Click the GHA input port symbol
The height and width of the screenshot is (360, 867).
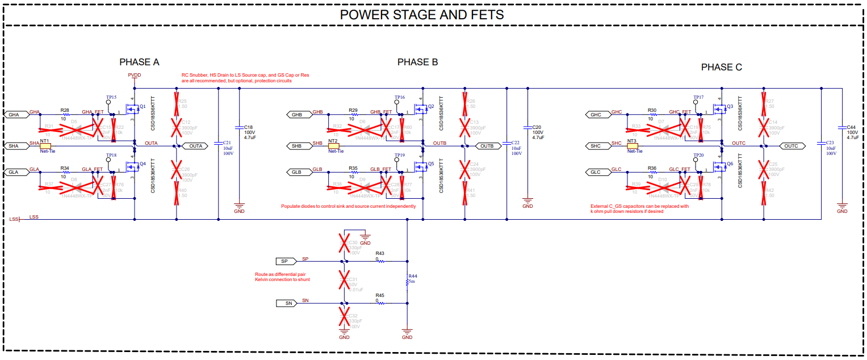(14, 115)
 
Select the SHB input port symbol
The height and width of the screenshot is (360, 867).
(298, 146)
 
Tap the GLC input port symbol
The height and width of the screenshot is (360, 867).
(596, 172)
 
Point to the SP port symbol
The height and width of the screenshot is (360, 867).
(285, 261)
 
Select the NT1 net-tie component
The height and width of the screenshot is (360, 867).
(45, 146)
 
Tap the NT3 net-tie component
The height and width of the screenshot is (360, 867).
(632, 146)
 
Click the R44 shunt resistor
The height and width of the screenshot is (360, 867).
(407, 282)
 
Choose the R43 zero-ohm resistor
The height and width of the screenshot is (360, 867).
(380, 261)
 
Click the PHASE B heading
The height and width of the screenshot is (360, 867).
(417, 62)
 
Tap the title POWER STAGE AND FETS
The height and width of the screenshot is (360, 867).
(421, 15)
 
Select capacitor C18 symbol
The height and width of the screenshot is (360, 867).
(238, 131)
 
